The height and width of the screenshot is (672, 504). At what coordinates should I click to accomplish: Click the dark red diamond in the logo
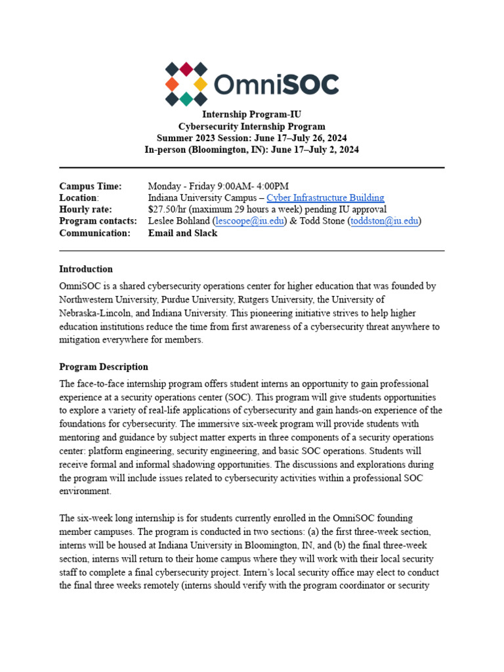click(186, 69)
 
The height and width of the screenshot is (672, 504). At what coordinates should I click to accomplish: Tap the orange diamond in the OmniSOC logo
click(171, 84)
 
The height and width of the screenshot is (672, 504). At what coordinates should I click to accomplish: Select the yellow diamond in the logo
click(201, 84)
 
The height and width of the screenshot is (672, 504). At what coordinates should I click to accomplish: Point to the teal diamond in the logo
click(186, 99)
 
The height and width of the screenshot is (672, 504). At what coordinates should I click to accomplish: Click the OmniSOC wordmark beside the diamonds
click(277, 85)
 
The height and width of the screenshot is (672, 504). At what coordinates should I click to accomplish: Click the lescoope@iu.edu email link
click(250, 221)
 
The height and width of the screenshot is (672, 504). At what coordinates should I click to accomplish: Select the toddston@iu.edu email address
click(385, 221)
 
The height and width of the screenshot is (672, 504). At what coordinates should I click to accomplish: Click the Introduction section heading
click(86, 269)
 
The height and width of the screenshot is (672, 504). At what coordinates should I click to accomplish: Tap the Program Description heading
click(104, 367)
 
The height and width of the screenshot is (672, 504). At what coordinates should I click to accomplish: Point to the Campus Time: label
click(91, 186)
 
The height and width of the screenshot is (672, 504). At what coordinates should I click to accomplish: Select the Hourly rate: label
click(86, 209)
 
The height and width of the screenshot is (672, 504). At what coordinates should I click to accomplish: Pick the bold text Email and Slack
click(182, 233)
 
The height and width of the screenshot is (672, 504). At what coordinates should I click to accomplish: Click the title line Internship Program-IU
click(251, 114)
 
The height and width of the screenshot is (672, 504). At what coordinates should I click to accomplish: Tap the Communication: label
click(95, 233)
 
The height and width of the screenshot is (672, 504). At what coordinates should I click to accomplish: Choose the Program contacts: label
click(98, 221)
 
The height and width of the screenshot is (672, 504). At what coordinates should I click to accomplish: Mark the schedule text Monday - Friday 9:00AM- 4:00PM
click(219, 186)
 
